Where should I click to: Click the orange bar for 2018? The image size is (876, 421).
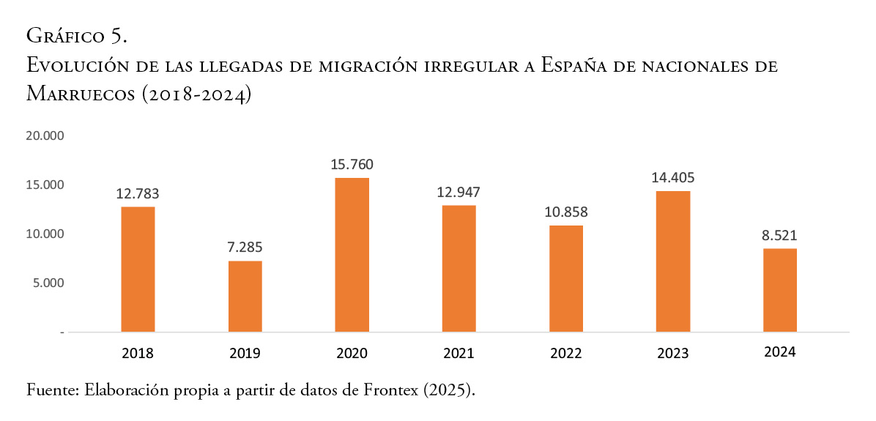pyautogui.click(x=138, y=269)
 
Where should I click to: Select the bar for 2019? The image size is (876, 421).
pyautogui.click(x=245, y=296)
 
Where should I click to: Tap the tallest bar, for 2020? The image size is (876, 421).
pyautogui.click(x=352, y=254)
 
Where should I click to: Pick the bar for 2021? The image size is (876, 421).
pyautogui.click(x=459, y=268)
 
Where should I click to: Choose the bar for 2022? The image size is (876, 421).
pyautogui.click(x=566, y=278)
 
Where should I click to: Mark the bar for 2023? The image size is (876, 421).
pyautogui.click(x=673, y=261)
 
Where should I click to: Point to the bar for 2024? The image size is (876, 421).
pyautogui.click(x=780, y=290)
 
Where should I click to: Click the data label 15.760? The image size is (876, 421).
pyautogui.click(x=352, y=165)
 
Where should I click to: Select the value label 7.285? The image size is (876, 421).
pyautogui.click(x=245, y=247)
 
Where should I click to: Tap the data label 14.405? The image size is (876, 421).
pyautogui.click(x=673, y=177)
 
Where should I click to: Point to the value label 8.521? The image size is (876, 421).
pyautogui.click(x=780, y=236)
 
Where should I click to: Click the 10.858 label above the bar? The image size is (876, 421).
pyautogui.click(x=566, y=212)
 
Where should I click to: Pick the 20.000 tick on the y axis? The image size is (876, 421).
pyautogui.click(x=45, y=136)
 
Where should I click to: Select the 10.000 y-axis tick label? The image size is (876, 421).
pyautogui.click(x=45, y=234)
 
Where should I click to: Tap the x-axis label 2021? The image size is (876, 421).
pyautogui.click(x=459, y=354)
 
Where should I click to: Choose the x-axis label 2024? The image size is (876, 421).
pyautogui.click(x=780, y=352)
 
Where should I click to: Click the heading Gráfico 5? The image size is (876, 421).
pyautogui.click(x=78, y=34)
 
